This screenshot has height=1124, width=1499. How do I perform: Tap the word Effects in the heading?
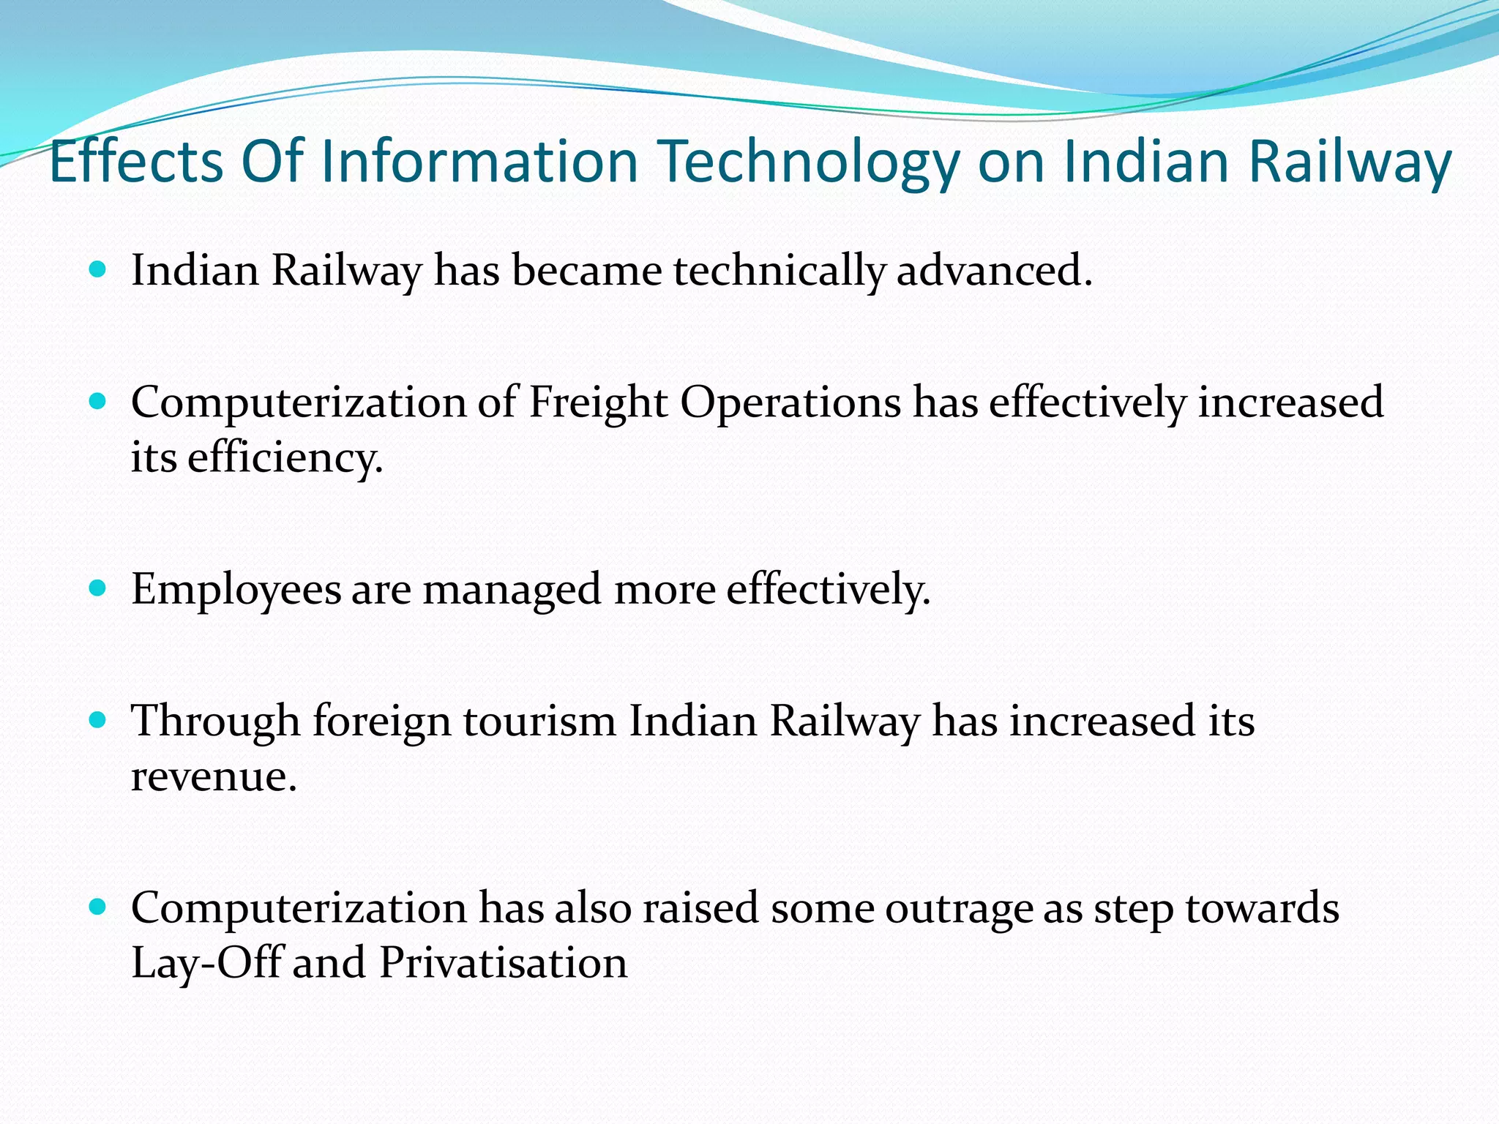(136, 162)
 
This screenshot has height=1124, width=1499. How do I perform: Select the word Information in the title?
(479, 162)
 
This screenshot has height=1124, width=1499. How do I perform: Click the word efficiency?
(285, 458)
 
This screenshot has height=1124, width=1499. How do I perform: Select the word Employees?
(236, 590)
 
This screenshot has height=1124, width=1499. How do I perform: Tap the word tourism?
(539, 722)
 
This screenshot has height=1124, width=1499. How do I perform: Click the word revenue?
(214, 776)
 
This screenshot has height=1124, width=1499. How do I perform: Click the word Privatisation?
(504, 963)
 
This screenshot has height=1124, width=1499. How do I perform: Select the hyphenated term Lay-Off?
(206, 963)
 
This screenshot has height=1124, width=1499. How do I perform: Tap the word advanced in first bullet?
(993, 270)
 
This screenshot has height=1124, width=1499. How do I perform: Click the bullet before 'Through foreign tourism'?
(97, 720)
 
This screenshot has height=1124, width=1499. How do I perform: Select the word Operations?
(790, 403)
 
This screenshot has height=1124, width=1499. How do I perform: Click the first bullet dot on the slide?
(97, 269)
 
